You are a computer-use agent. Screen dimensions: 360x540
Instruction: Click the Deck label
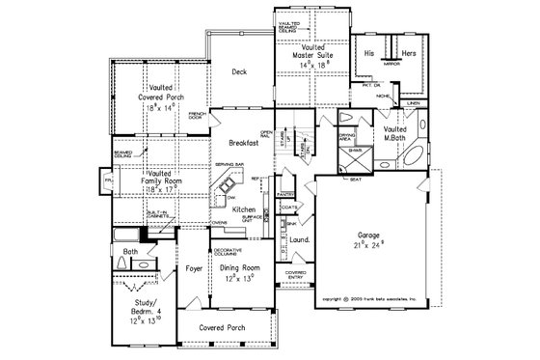pos(241,72)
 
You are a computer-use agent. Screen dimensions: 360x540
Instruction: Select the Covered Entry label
pos(294,276)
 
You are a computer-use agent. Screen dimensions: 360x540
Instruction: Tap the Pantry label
pos(285,194)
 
